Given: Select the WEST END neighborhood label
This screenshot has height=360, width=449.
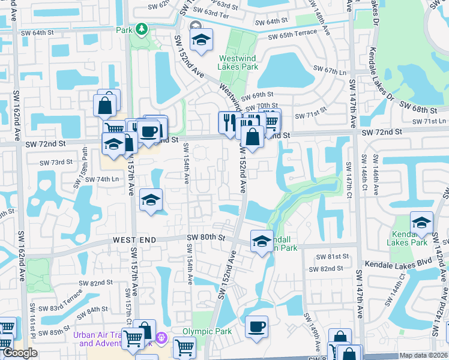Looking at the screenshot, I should [134, 240].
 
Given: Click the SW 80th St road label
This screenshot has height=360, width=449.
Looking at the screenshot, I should [205, 238].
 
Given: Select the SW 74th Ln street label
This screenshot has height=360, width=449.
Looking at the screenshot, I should [102, 179].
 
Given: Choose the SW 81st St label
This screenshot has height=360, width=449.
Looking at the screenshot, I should [334, 256].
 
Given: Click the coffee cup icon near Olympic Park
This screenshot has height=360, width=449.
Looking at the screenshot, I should [257, 327].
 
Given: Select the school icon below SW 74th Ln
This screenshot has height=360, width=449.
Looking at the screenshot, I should [151, 200].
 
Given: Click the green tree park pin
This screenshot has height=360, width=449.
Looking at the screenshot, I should [142, 28].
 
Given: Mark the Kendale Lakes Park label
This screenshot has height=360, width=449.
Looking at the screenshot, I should [409, 238].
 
